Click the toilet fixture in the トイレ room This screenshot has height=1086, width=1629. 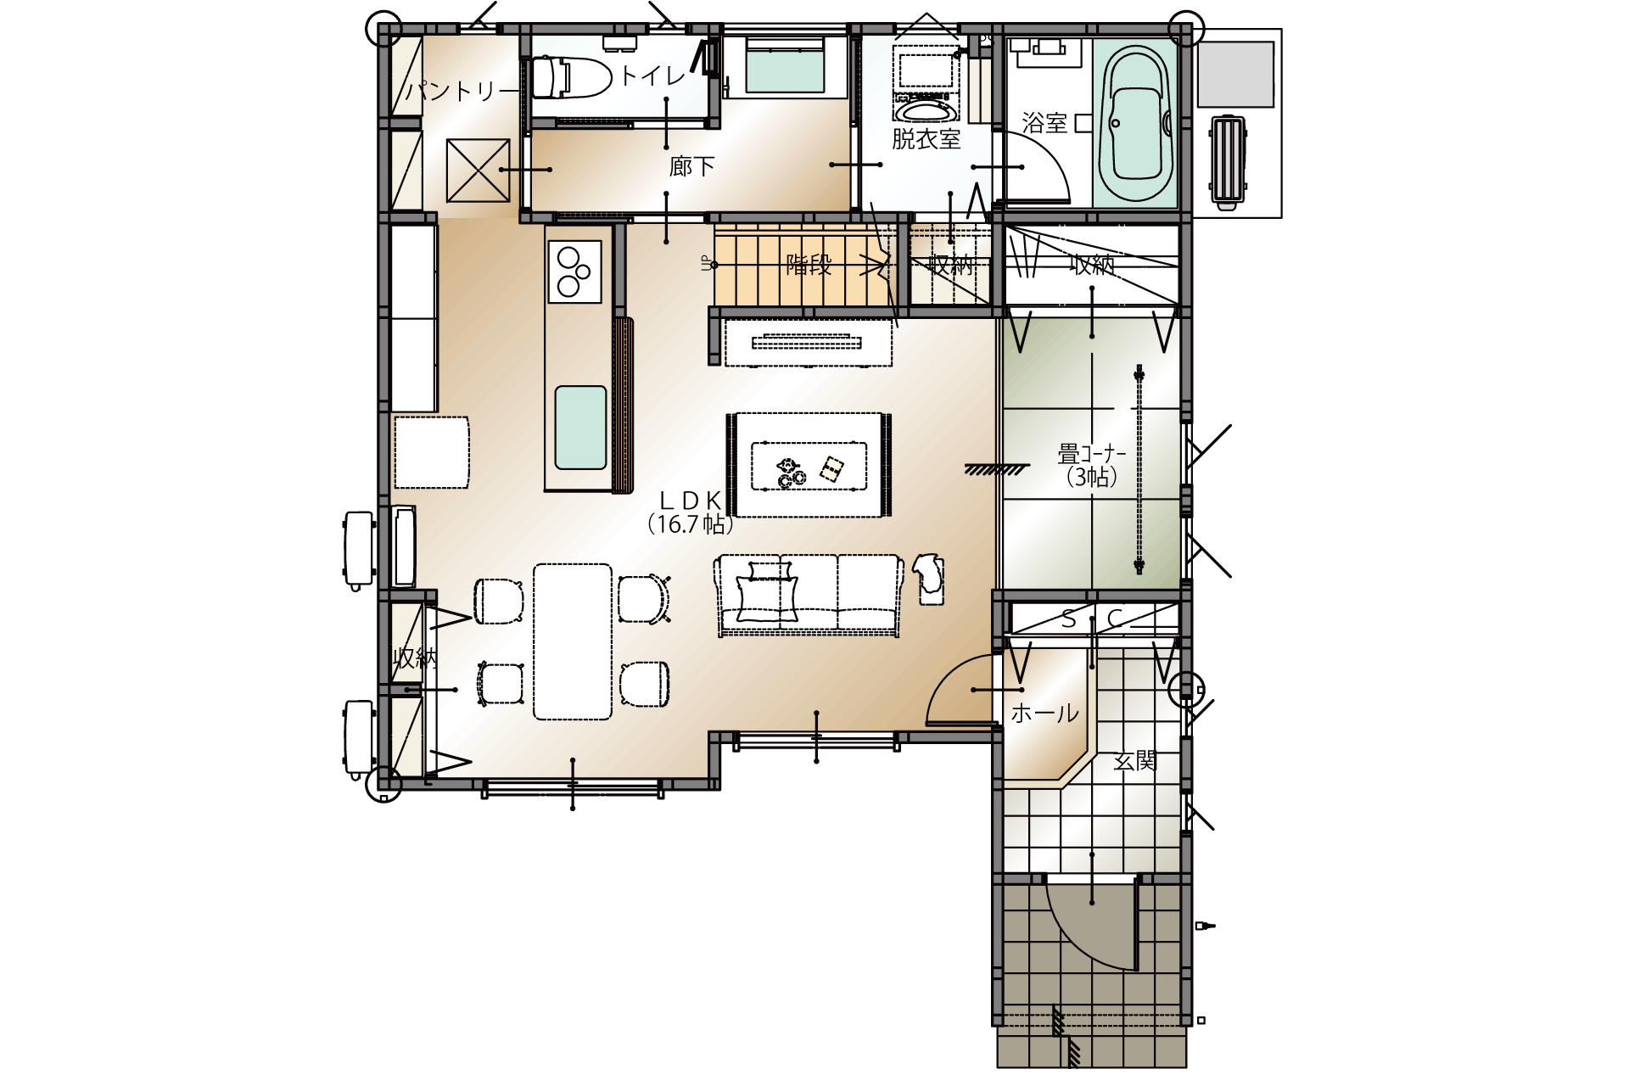(x=571, y=77)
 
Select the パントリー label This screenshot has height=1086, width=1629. (x=462, y=90)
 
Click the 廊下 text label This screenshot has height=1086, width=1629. (x=691, y=166)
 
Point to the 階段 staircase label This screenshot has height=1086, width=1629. (x=809, y=265)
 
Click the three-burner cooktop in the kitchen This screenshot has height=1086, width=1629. (x=574, y=271)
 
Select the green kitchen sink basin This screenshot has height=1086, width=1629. (x=580, y=428)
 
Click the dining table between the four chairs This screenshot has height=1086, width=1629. (x=573, y=641)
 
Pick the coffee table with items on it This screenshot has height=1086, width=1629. (x=809, y=466)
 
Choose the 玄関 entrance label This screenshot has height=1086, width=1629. (x=1135, y=761)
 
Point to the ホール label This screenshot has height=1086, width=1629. (x=1044, y=713)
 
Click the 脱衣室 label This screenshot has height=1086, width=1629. (x=926, y=139)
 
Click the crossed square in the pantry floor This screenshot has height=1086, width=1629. (x=478, y=171)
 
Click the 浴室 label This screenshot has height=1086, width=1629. (x=1044, y=124)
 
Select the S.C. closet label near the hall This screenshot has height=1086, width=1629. (x=1093, y=619)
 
